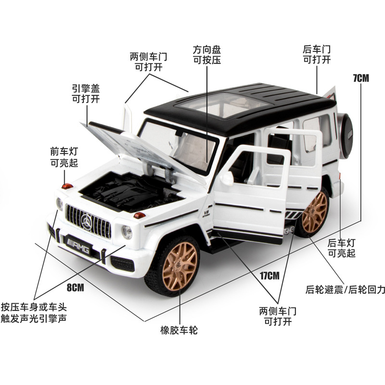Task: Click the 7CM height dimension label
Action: (x=360, y=77)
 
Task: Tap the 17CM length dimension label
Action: (x=269, y=276)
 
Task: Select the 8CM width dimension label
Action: (x=75, y=288)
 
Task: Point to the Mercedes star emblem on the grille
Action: (x=87, y=221)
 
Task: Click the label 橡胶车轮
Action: (x=179, y=330)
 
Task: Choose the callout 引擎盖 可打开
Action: (x=86, y=93)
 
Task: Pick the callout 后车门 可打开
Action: (x=317, y=54)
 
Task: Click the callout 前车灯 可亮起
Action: (x=64, y=157)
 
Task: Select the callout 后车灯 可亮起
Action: (x=341, y=248)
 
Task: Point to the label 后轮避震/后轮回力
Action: (x=345, y=290)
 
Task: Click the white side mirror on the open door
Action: (x=226, y=179)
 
